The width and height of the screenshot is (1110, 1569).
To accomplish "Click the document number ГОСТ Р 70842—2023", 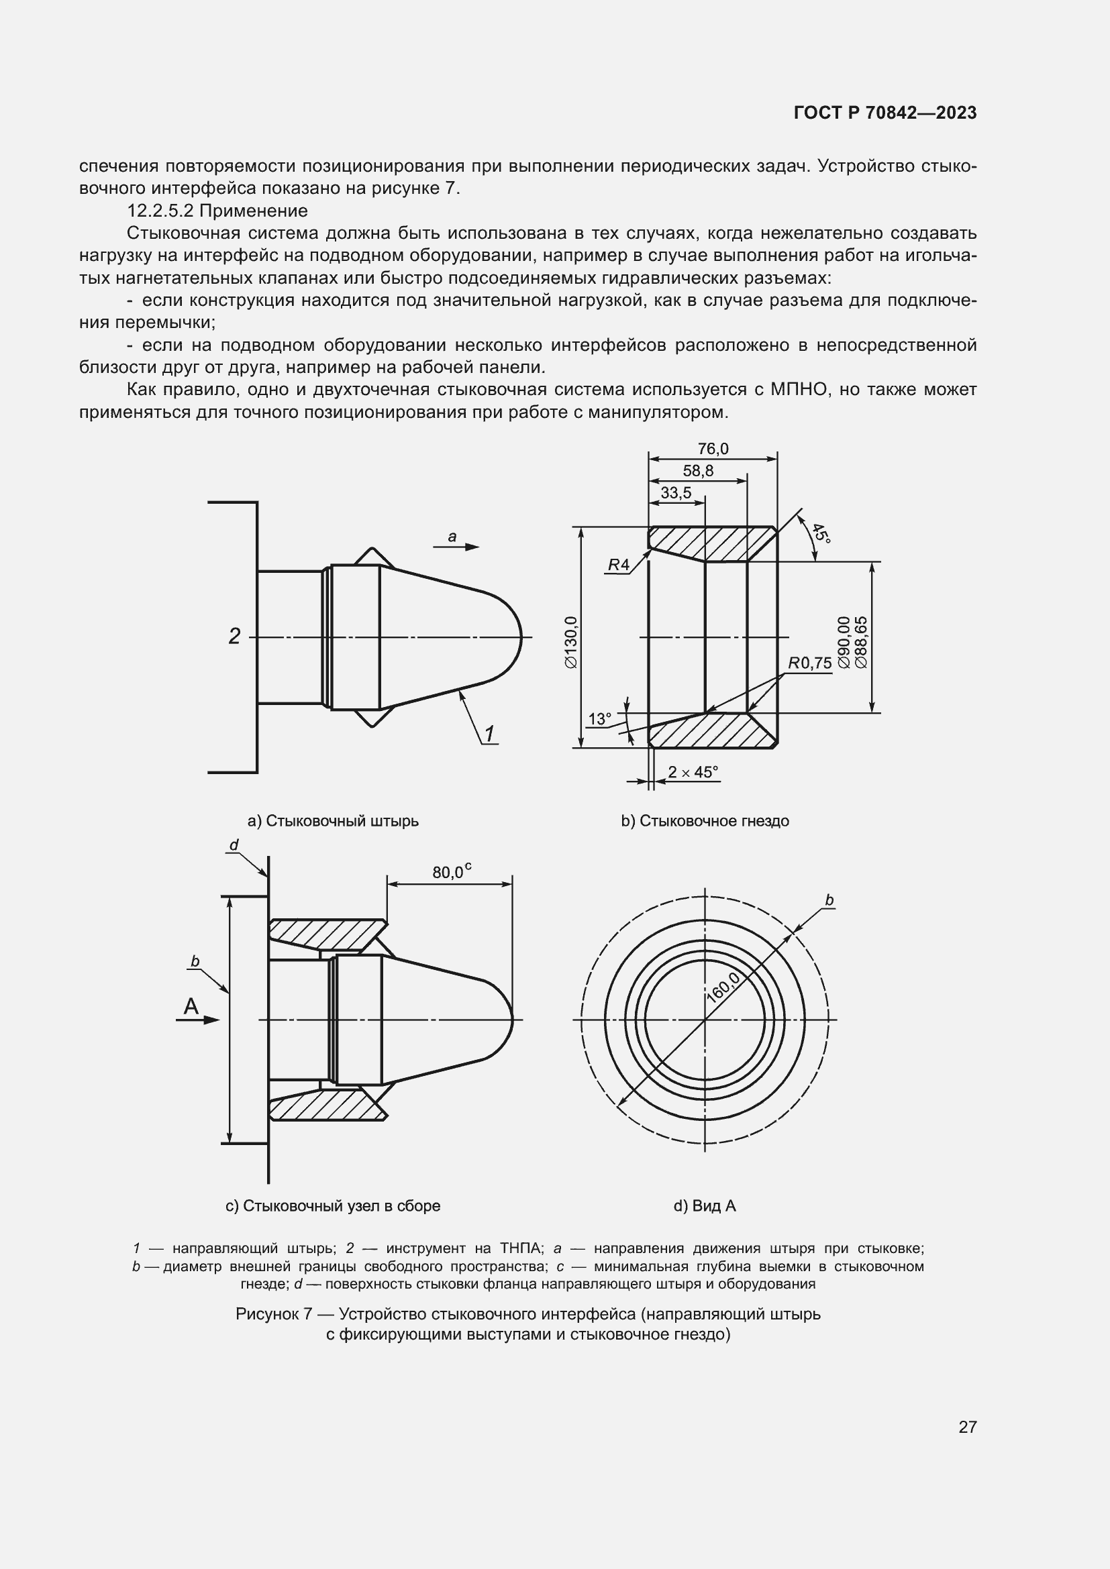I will point(885,113).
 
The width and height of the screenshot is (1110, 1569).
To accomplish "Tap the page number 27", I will point(967,1427).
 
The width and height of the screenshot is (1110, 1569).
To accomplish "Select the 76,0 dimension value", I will point(713,449).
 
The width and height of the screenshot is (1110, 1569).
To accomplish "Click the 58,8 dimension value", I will point(698,471).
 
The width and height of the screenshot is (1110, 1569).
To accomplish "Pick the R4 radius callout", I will point(618,565).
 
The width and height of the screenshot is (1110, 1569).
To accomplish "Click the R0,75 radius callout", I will point(809,663).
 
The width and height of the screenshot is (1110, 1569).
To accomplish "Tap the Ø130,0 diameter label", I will point(571,642).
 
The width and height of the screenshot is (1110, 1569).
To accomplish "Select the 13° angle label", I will point(599,719).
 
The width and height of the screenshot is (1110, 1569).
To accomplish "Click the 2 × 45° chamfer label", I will point(693,772).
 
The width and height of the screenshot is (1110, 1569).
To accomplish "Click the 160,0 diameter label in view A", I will point(723,987).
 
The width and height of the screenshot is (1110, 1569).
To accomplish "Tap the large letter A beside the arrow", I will point(191,1006).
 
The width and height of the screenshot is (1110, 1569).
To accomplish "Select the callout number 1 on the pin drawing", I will point(489,733).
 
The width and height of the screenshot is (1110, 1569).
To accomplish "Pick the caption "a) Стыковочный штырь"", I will point(333,820).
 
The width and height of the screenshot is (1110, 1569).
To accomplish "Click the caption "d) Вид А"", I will point(705,1206).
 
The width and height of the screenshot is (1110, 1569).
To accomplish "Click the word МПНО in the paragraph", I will point(800,390).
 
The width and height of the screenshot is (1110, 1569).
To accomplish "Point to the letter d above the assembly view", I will point(234,845).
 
